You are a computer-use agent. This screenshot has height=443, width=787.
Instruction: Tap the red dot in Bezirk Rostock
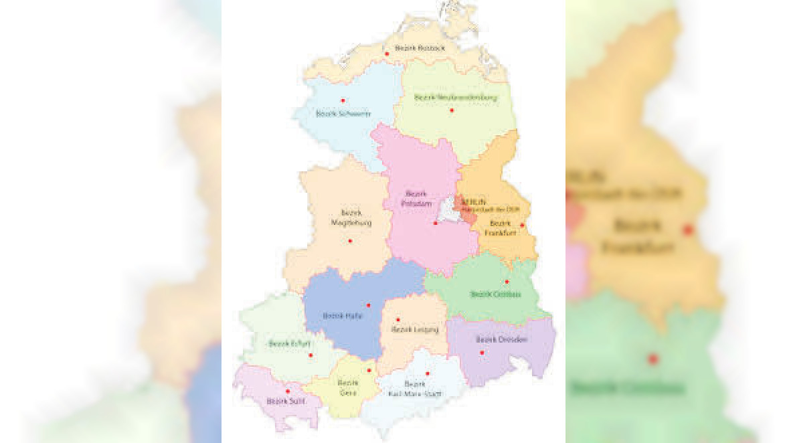tap(387, 54)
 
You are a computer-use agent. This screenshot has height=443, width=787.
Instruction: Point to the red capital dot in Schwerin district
tap(343, 100)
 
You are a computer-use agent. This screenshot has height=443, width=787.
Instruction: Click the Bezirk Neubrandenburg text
tap(456, 97)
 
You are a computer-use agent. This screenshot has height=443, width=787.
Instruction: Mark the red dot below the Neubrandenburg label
tap(452, 110)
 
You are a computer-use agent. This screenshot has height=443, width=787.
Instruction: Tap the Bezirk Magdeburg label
tap(351, 217)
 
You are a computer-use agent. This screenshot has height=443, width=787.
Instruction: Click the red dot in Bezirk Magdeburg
tap(350, 240)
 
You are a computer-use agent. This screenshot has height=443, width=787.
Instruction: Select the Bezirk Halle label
tap(342, 315)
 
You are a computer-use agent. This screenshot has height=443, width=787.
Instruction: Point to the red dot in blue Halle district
tap(368, 304)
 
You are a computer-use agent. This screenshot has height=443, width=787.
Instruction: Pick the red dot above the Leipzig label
tap(398, 319)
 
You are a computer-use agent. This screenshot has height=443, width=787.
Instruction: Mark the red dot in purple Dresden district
tap(481, 352)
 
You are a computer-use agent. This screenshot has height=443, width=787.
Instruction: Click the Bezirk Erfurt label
tap(288, 343)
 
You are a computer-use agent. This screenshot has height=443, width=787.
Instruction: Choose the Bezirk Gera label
tap(347, 387)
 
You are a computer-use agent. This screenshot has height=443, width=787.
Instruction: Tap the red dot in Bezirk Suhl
tap(288, 391)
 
